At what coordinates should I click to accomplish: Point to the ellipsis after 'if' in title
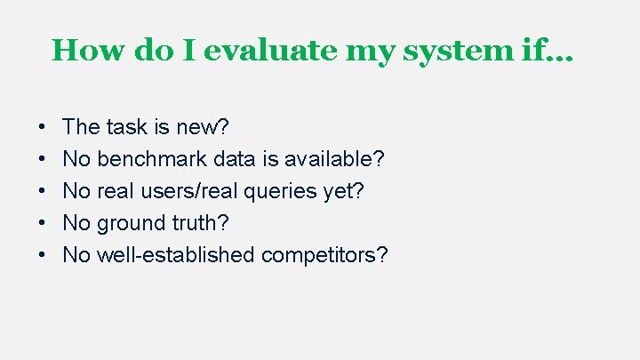tap(564, 53)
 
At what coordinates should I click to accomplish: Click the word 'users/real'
tap(189, 191)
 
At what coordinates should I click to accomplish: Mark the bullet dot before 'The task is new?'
tap(43, 128)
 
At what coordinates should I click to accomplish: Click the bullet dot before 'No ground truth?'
tap(43, 224)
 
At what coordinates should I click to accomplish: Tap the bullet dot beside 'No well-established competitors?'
tap(43, 256)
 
